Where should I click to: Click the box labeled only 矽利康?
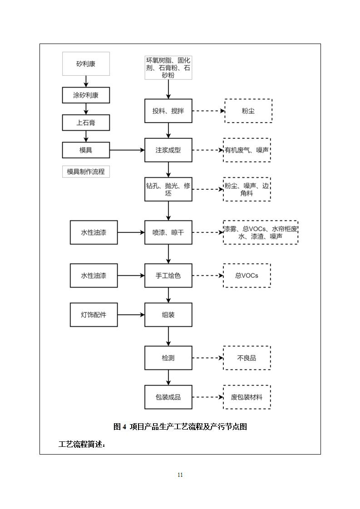coord(86,64)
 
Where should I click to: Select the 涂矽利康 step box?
coord(86,95)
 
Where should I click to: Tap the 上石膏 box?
coord(86,122)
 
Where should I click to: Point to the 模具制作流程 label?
coord(86,171)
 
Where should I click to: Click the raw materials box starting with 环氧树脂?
coord(168,68)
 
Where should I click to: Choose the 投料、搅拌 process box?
coord(168,111)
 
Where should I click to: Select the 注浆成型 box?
coord(168,150)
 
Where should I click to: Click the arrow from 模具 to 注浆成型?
coord(127,150)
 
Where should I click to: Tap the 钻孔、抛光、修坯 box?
coord(168,189)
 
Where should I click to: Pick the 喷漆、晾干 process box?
coord(168,232)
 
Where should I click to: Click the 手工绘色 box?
coord(168,275)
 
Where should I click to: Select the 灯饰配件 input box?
coord(94,315)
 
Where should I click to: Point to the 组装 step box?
coord(168,315)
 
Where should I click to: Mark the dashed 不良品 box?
coord(247,358)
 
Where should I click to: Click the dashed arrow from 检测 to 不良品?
coord(207,358)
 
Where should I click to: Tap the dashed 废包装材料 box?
coord(247,397)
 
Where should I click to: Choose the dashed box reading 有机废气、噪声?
coord(247,150)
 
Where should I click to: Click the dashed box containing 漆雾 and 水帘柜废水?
coord(261,232)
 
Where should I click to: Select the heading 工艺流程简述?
coord(82,444)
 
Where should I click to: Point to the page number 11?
coord(180,475)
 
